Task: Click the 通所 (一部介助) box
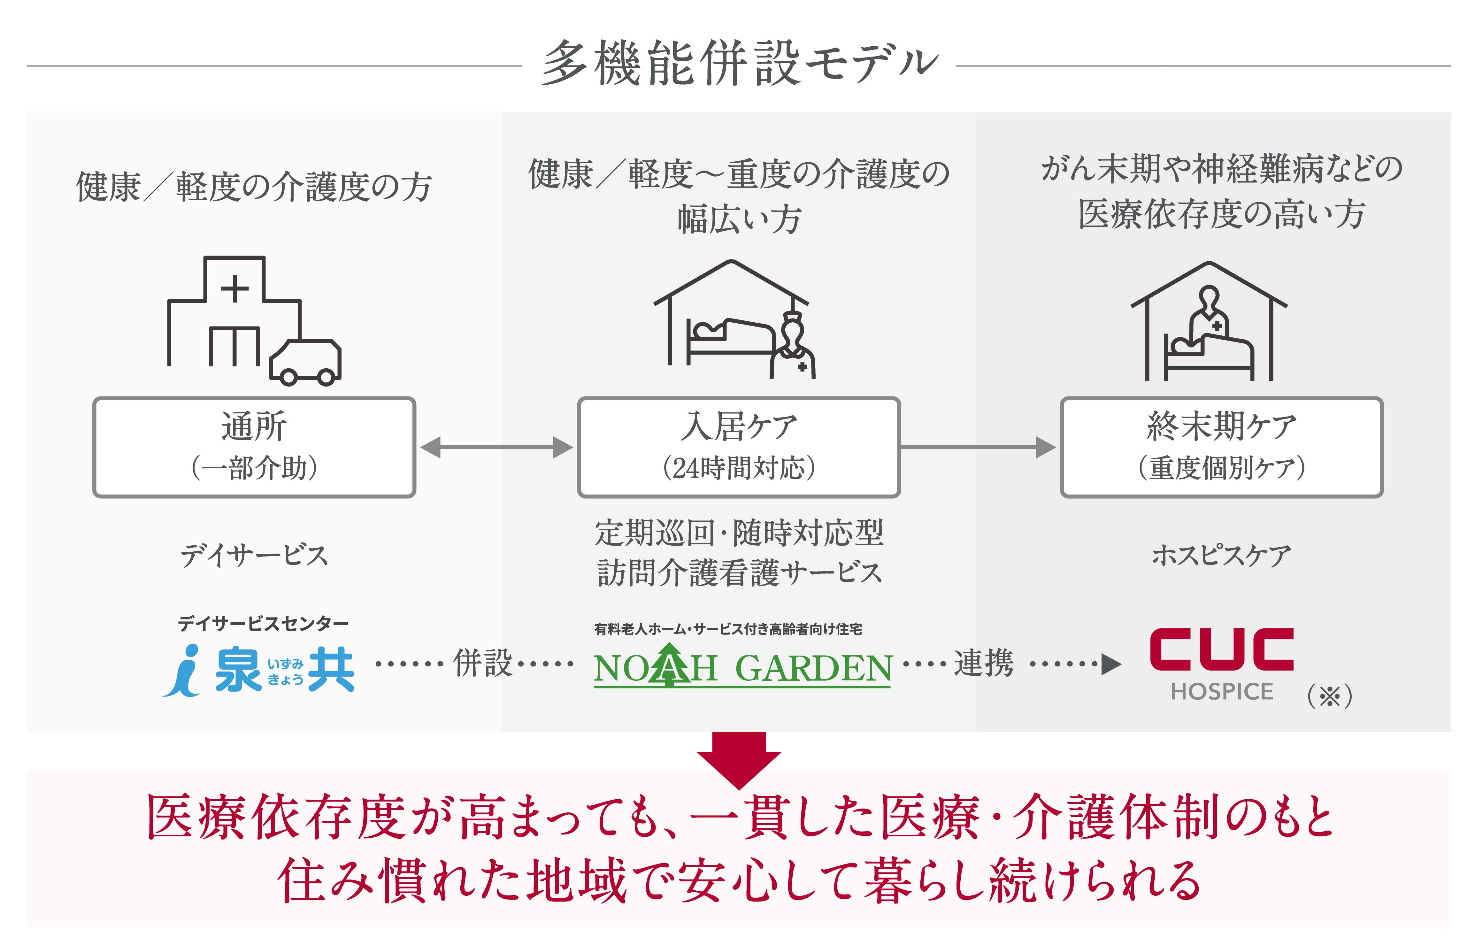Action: (x=254, y=447)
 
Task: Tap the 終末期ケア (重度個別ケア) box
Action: (x=1221, y=447)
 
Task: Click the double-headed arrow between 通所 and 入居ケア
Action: (x=496, y=447)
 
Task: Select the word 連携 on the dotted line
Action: (x=983, y=663)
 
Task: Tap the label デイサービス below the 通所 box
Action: (x=254, y=555)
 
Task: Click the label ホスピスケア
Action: (x=1221, y=555)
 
